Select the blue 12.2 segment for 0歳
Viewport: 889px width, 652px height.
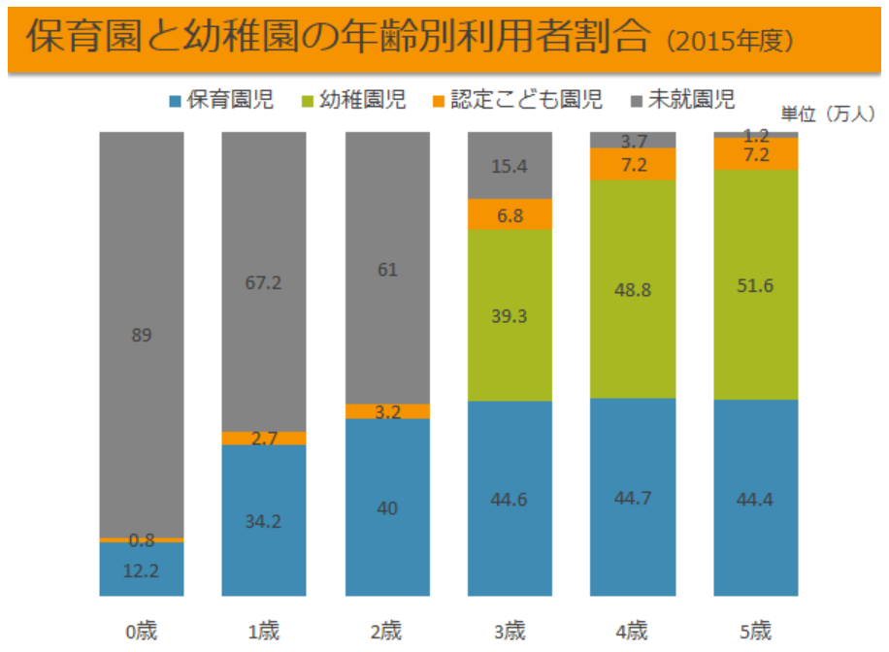tap(142, 570)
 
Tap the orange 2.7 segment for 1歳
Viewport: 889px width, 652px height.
tap(264, 439)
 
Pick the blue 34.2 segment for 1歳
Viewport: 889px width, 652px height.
tap(264, 520)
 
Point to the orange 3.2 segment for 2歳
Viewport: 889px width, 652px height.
tap(387, 411)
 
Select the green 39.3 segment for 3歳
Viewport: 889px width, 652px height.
tap(510, 315)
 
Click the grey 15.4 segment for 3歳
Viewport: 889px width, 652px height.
tap(510, 166)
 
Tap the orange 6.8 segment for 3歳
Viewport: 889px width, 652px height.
tap(510, 214)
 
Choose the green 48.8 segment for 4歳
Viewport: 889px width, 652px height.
tap(633, 289)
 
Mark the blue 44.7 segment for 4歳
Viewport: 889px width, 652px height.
tap(633, 497)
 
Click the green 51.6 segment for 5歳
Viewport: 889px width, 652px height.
tap(756, 284)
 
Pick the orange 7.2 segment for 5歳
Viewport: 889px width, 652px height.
tap(756, 154)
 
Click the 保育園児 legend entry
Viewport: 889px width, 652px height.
tap(220, 99)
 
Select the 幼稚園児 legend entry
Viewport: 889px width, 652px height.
tap(355, 99)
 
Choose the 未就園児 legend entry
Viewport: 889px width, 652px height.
tap(683, 99)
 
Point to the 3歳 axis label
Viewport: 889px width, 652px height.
tap(510, 633)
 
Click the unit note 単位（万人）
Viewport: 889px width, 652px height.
tap(828, 114)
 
